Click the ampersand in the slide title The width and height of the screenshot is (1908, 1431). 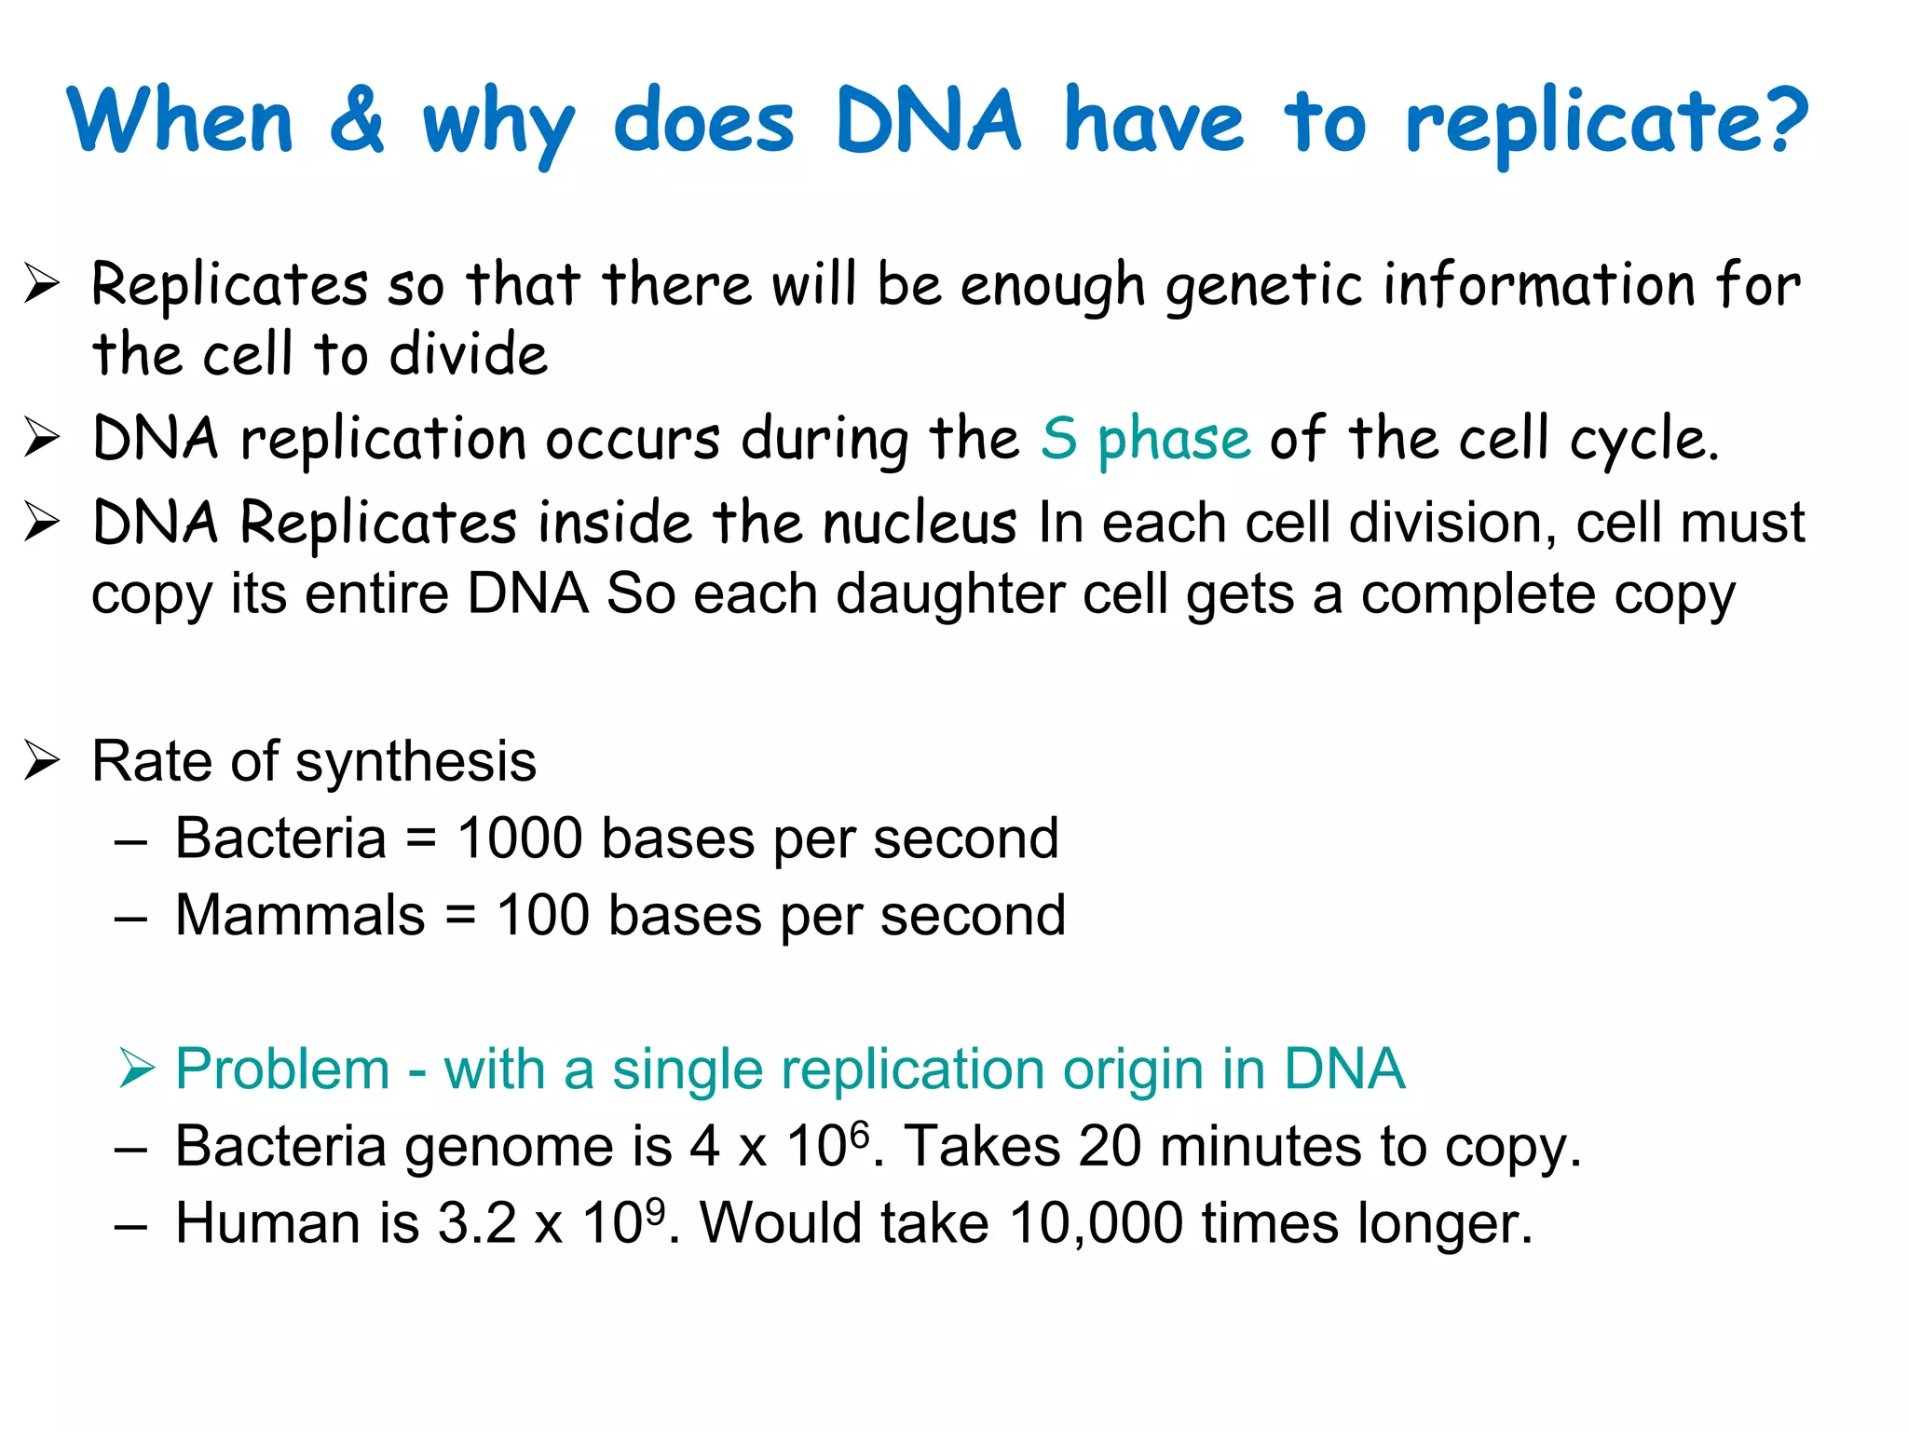pyautogui.click(x=357, y=121)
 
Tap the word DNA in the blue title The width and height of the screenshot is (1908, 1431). pyautogui.click(x=927, y=121)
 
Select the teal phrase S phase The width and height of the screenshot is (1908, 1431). pyautogui.click(x=1145, y=439)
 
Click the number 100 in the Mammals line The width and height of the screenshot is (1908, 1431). pyautogui.click(x=542, y=916)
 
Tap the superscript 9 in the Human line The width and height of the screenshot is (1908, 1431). pyautogui.click(x=655, y=1210)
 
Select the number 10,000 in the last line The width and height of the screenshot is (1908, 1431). pyautogui.click(x=1096, y=1223)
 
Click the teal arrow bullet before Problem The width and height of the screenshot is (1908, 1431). pyautogui.click(x=137, y=1069)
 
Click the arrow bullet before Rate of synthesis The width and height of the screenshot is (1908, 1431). pyautogui.click(x=42, y=761)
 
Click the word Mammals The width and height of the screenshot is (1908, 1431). pyautogui.click(x=300, y=916)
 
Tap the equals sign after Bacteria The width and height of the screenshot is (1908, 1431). pyautogui.click(x=421, y=839)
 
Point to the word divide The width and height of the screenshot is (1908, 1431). pyautogui.click(x=468, y=355)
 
